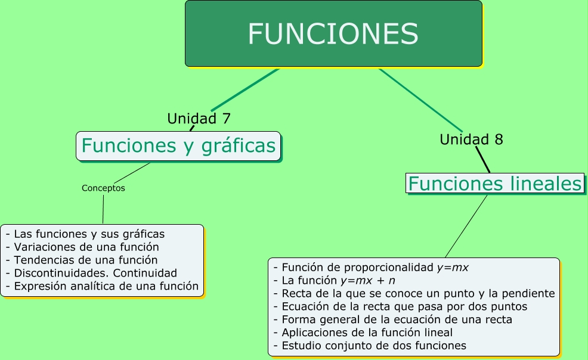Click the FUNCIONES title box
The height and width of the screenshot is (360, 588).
click(x=333, y=33)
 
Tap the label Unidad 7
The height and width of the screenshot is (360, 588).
click(x=199, y=119)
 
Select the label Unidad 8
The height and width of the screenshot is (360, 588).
click(x=471, y=139)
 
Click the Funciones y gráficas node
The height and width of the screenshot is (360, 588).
click(x=178, y=145)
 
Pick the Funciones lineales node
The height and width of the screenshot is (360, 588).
click(x=494, y=184)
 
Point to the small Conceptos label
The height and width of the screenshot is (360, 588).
click(x=103, y=188)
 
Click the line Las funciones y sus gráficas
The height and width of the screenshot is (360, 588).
click(x=85, y=234)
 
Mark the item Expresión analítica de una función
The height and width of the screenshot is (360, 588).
click(x=101, y=286)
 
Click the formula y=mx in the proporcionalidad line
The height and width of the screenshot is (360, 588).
click(x=453, y=268)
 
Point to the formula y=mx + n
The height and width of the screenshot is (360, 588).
click(x=367, y=280)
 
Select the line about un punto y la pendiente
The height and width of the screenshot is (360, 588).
click(x=414, y=293)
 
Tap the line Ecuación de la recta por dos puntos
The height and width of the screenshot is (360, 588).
click(x=400, y=306)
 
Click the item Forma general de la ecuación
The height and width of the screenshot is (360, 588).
click(x=392, y=319)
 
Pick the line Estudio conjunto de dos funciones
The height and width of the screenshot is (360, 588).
click(x=369, y=346)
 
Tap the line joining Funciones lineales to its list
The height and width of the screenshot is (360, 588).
click(x=466, y=226)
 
